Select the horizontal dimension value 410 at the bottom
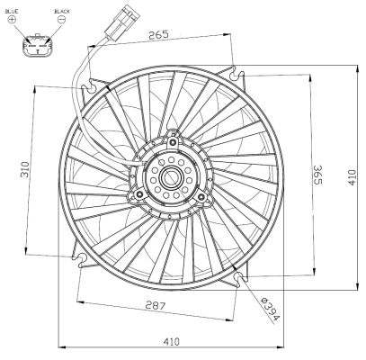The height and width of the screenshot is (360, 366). click(x=172, y=339)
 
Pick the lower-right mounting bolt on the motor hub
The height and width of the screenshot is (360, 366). click(x=203, y=194)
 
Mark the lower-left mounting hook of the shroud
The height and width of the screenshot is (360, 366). click(x=82, y=261)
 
